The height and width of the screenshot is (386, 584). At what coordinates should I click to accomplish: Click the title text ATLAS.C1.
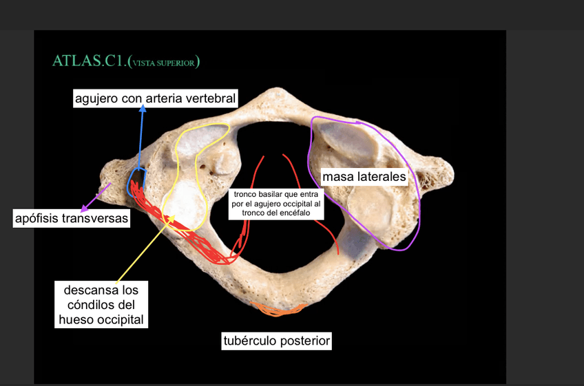coord(89,61)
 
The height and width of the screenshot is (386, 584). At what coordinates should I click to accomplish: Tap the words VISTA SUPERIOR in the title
coord(165,63)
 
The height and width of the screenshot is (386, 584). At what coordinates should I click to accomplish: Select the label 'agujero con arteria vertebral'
coord(155,99)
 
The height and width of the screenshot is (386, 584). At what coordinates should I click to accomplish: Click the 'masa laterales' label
coord(364,177)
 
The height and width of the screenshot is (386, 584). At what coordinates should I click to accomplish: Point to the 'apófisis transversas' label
coord(71,219)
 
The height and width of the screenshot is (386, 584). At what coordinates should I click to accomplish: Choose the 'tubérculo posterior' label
coord(277,341)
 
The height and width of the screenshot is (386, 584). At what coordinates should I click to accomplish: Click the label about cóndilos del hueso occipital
coord(101,303)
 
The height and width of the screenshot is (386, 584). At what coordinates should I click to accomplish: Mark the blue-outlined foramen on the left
coord(137,181)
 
